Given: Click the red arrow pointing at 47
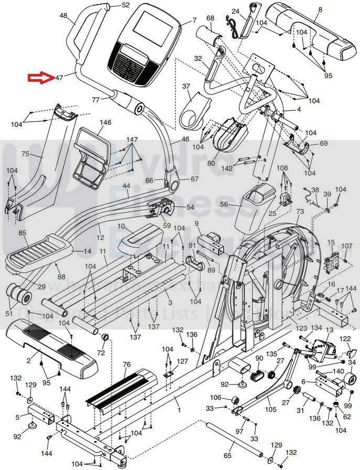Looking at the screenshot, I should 40,78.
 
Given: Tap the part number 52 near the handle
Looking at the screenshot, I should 125,5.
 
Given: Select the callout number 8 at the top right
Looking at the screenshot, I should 320,10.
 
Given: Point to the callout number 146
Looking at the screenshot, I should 105,123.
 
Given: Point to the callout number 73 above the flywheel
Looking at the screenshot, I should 300,211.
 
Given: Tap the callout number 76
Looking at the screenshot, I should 126,365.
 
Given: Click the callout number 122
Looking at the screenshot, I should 345,339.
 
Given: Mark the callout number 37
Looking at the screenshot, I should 186,86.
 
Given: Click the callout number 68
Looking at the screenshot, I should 210,18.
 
